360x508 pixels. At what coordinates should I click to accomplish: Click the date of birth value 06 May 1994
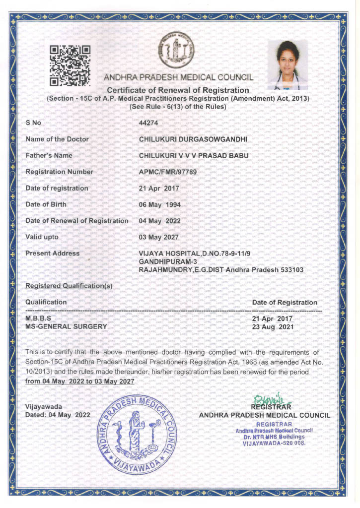coord(160,204)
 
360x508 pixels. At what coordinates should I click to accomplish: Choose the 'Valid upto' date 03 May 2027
coord(160,237)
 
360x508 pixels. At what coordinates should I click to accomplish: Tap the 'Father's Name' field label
coord(49,155)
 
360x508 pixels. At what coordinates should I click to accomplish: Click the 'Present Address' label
coord(52,253)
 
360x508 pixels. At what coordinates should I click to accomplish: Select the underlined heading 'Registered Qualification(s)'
coord(69,286)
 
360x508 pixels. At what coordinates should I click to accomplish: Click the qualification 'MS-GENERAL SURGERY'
coord(66,326)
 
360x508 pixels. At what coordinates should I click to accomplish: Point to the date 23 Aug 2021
coord(273,327)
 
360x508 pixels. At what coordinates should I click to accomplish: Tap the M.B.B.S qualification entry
coord(38,318)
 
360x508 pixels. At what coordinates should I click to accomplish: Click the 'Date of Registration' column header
coord(285,302)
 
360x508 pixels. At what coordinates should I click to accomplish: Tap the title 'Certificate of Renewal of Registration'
coord(178,90)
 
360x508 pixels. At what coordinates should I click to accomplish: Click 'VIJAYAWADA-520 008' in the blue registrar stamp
coord(274,443)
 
